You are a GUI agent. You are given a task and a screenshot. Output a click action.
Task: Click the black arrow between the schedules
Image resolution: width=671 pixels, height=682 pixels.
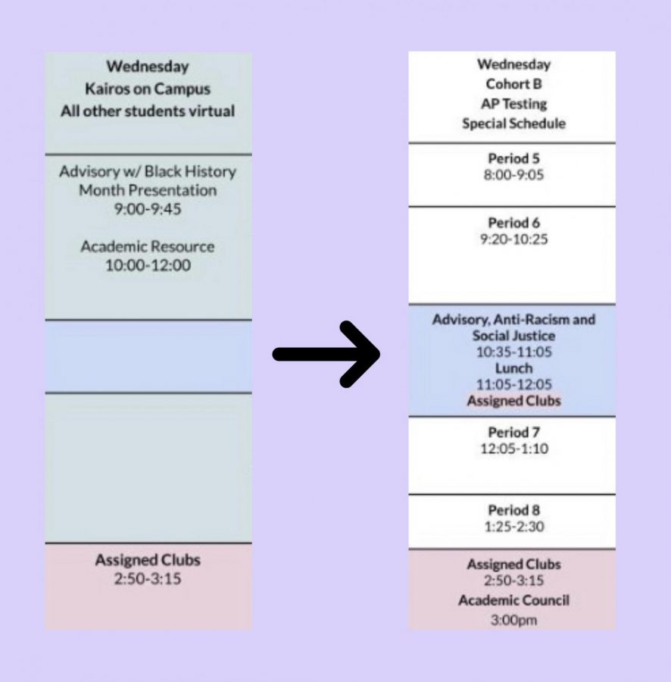pos(326,354)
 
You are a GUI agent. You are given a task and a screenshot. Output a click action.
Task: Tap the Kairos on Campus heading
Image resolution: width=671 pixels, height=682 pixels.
pos(148,89)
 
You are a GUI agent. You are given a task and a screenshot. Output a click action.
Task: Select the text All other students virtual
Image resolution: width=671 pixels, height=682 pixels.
pos(148,111)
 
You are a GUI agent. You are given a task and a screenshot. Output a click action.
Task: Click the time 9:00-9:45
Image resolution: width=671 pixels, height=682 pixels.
pos(148,209)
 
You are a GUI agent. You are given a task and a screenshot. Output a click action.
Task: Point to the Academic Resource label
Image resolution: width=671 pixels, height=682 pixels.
pos(148,246)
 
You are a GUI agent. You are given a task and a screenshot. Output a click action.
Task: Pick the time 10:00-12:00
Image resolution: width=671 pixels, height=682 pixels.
pos(148,265)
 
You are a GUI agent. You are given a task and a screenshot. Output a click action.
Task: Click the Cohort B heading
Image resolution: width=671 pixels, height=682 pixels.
pos(513,84)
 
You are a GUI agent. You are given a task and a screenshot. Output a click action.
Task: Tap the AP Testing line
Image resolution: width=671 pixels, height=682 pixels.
pos(513,104)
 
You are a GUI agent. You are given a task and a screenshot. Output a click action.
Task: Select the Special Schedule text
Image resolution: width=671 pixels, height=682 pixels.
pos(513,124)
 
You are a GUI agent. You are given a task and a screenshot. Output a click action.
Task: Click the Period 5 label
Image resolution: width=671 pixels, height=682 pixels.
pos(513,158)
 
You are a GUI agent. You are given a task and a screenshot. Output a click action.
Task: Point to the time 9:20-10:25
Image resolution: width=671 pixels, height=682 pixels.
pos(513,239)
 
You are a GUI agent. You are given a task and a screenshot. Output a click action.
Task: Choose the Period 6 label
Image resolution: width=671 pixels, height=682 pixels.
pos(513,223)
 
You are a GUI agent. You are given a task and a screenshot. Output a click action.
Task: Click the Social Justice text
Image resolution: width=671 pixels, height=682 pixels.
pos(513,336)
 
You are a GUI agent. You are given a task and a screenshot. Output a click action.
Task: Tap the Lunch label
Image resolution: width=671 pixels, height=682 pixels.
pos(513,368)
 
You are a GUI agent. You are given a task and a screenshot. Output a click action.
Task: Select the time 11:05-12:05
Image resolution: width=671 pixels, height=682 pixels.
pos(513,384)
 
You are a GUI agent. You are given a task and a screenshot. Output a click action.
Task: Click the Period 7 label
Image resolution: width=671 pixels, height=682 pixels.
pos(513,433)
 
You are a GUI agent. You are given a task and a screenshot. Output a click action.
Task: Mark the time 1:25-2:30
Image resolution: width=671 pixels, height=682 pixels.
pos(513,527)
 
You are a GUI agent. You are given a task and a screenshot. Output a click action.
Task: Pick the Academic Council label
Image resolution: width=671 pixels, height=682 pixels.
pos(513,601)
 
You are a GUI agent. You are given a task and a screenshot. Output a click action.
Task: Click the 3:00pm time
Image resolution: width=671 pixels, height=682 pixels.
pos(513,620)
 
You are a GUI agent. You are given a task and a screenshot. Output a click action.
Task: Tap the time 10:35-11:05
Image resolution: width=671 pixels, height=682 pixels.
pos(513,352)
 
